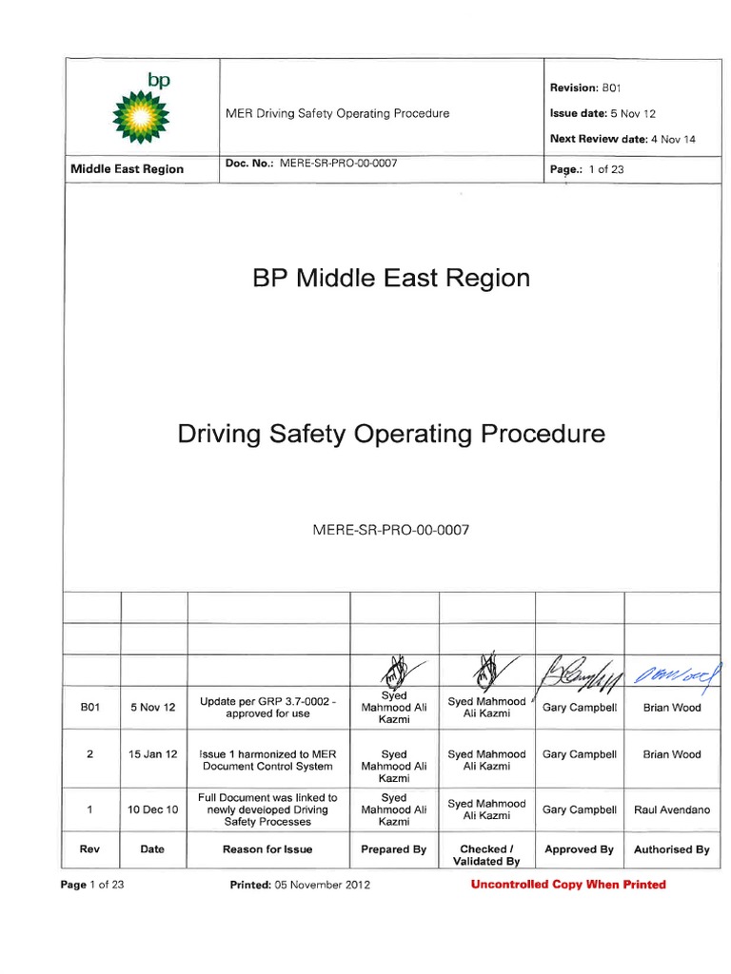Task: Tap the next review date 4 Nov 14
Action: click(672, 139)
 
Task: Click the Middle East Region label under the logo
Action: click(128, 169)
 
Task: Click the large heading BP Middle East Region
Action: click(390, 278)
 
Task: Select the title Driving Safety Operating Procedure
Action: click(390, 435)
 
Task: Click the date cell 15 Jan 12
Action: click(152, 754)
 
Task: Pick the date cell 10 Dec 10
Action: click(152, 810)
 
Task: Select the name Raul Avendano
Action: click(671, 810)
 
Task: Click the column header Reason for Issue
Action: click(267, 849)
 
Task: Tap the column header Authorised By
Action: click(671, 849)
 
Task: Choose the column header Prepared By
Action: click(393, 849)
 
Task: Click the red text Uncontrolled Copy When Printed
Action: click(568, 885)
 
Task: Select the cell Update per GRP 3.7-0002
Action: click(267, 708)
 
